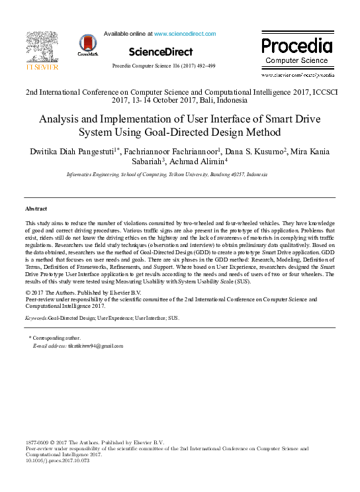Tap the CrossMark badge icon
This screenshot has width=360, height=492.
click(x=87, y=44)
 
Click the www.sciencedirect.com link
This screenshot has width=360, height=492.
click(x=185, y=33)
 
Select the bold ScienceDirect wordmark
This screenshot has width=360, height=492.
click(x=161, y=52)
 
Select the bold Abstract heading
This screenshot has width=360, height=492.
click(x=36, y=209)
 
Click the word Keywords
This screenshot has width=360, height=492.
click(x=36, y=318)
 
